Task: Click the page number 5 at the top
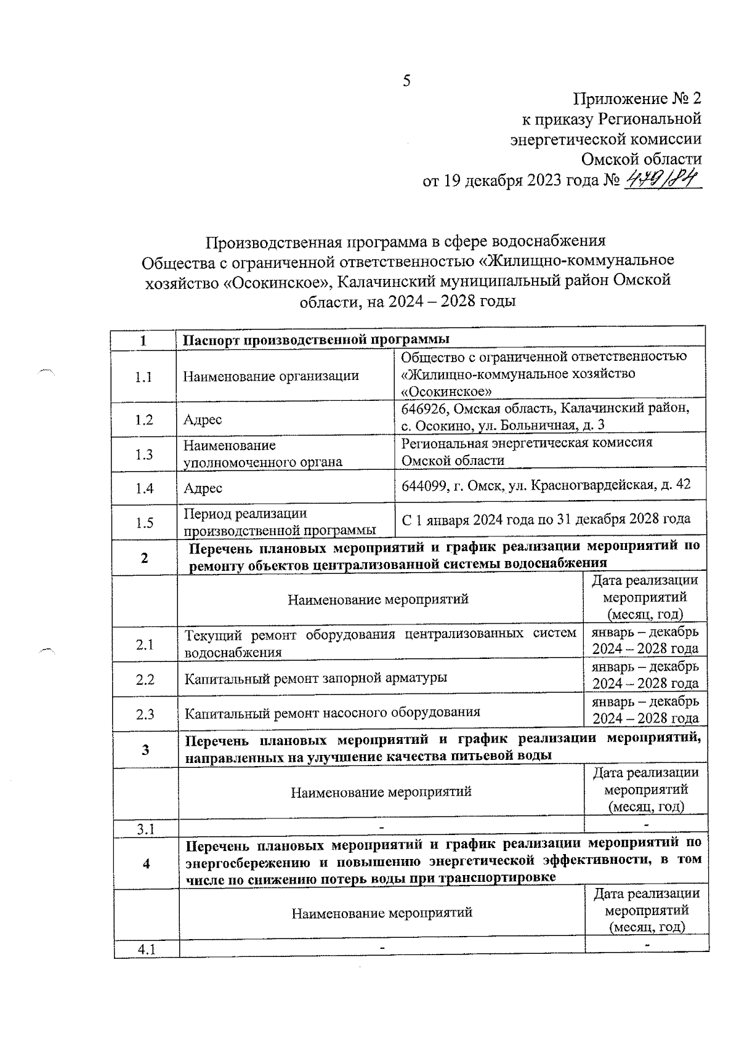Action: click(x=406, y=81)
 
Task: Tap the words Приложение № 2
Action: click(x=637, y=99)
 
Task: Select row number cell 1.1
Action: click(x=143, y=377)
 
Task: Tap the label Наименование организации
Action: click(x=271, y=376)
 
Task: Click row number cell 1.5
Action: click(x=145, y=523)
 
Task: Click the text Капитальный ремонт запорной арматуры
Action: click(x=316, y=679)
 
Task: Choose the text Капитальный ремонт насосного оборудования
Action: click(x=333, y=713)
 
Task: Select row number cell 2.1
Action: click(x=145, y=645)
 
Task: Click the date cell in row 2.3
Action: click(x=645, y=710)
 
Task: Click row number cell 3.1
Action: click(x=146, y=829)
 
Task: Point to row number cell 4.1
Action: click(x=147, y=950)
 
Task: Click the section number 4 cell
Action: click(x=147, y=864)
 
